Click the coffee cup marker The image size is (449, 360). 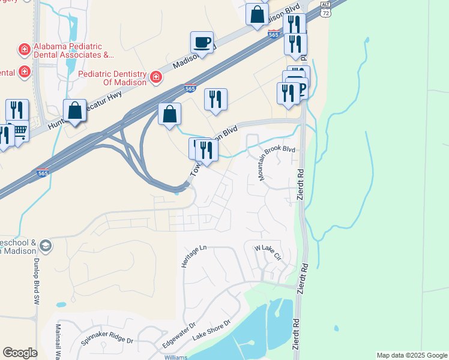point(202,43)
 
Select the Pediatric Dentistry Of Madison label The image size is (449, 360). point(112,77)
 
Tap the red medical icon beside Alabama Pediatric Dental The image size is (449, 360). point(24,49)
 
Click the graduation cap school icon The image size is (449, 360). point(46,246)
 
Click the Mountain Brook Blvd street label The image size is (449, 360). point(277,161)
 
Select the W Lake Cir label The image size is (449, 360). point(268,251)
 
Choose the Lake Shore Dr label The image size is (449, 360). point(211,331)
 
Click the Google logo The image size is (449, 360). point(20,353)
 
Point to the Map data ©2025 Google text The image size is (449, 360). point(411,355)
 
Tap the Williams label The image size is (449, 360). point(176,357)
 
